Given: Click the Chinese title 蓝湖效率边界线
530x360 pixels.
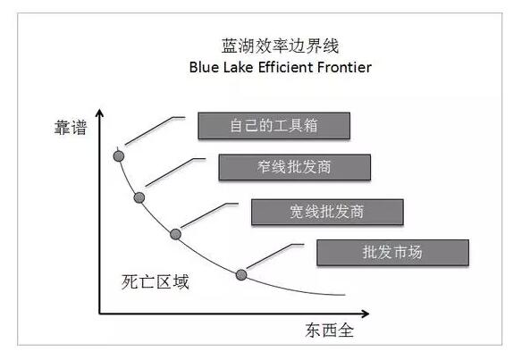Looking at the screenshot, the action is coord(280,46).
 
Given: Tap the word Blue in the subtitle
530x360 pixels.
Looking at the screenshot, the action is coord(202,67).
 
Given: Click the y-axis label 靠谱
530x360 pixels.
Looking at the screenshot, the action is coord(71,128).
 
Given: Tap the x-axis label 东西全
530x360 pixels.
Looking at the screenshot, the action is coord(330,330).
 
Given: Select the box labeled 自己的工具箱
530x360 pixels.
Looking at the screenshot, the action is coord(273,126).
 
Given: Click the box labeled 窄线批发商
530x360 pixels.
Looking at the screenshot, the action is coord(294,167).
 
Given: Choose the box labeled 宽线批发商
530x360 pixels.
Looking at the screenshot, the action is coord(327,212).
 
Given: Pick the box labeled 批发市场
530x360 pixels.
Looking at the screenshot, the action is coord(392,252).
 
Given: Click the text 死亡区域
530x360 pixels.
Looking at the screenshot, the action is coord(156,281).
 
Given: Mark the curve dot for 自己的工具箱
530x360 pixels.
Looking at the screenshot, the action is coord(119,156).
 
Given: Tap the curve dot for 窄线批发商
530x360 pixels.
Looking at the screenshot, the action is coord(139,197).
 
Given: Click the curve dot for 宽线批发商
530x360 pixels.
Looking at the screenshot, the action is coord(175,234).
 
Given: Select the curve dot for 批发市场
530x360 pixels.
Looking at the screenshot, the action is coord(241,275).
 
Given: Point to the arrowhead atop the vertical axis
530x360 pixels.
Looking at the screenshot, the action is coord(99,113).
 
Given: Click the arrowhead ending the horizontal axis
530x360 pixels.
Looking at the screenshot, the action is coord(365,314).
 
